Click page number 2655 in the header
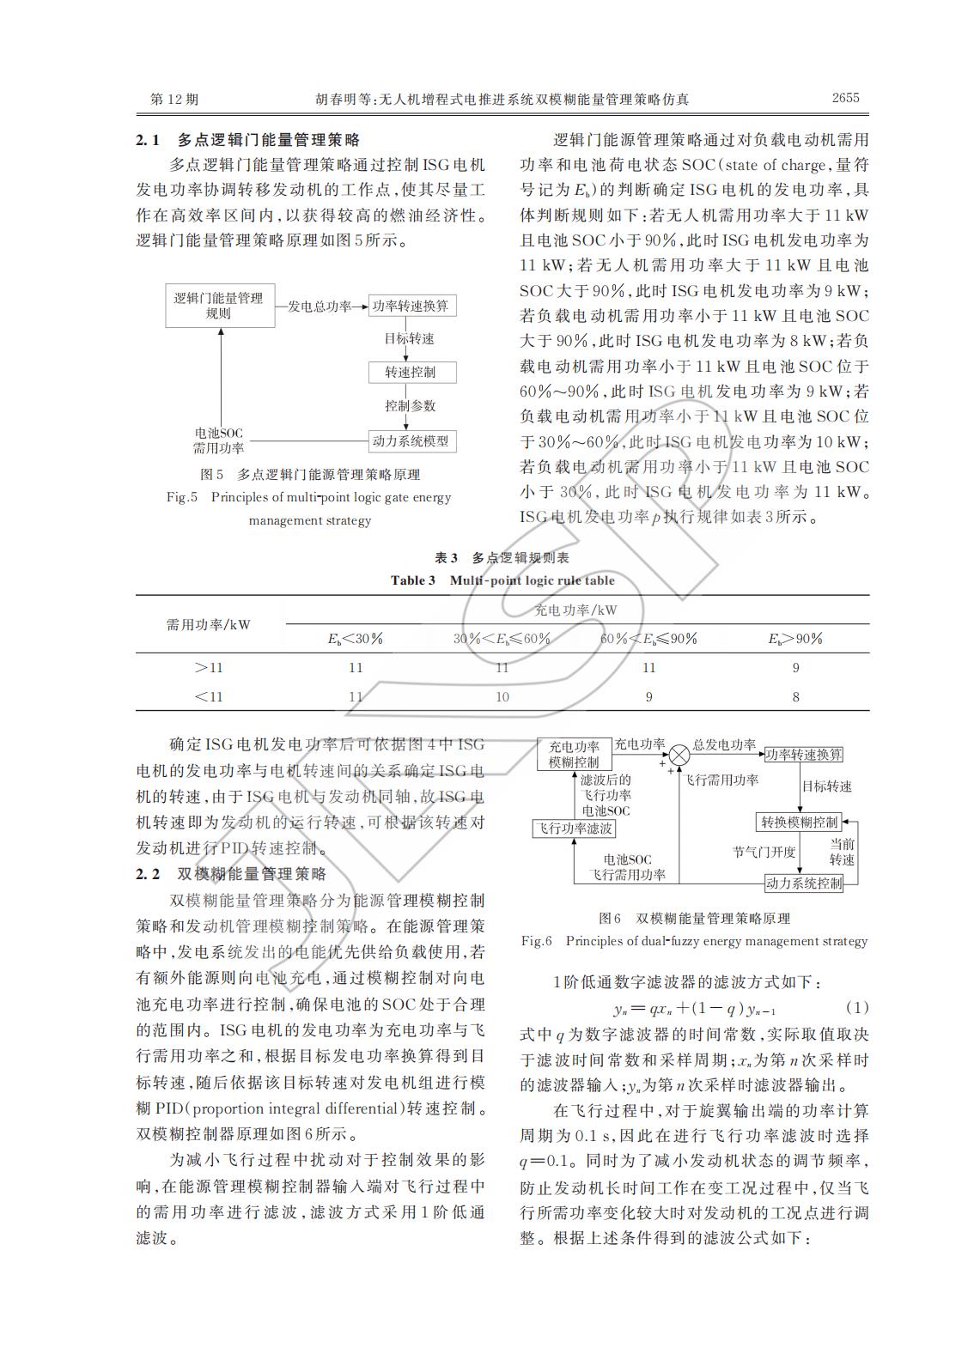tap(845, 98)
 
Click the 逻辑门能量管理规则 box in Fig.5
tap(219, 306)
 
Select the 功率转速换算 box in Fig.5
tap(411, 306)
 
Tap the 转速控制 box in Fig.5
tap(411, 373)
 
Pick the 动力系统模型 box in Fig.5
tap(411, 441)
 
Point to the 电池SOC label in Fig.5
tap(219, 434)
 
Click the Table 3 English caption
tap(502, 580)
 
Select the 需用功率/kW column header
tap(209, 624)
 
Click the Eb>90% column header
tap(795, 639)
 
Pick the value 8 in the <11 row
tap(795, 696)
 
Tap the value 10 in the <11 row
tap(502, 696)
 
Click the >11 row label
tap(209, 668)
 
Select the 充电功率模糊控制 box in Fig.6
tap(575, 754)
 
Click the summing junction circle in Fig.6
tap(679, 754)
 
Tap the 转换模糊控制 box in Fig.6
tap(799, 822)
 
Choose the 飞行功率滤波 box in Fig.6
tap(575, 829)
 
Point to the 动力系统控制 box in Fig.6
tap(803, 883)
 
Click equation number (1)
tap(856, 1007)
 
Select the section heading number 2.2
tap(149, 874)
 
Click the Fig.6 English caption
tap(694, 941)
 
